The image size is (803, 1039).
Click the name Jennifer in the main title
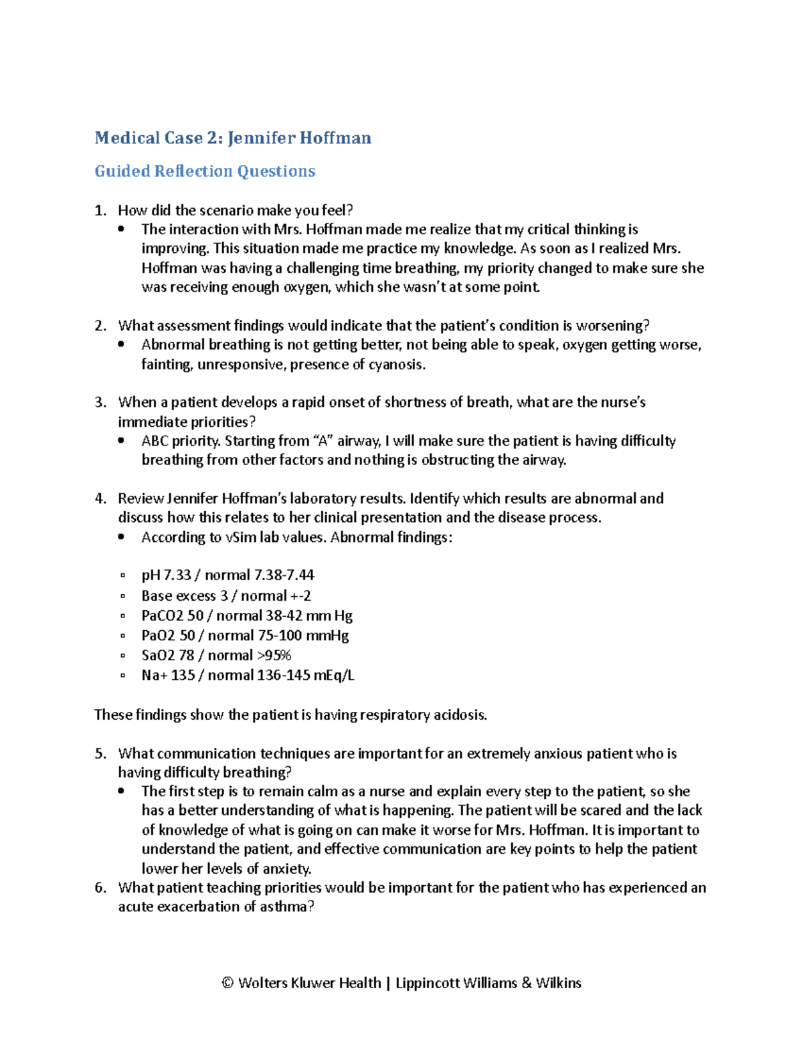click(x=261, y=138)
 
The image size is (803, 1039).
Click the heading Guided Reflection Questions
click(x=205, y=171)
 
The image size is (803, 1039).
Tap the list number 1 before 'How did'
click(x=100, y=211)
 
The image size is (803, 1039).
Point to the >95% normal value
click(x=274, y=656)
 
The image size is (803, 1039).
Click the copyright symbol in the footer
click(x=228, y=983)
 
